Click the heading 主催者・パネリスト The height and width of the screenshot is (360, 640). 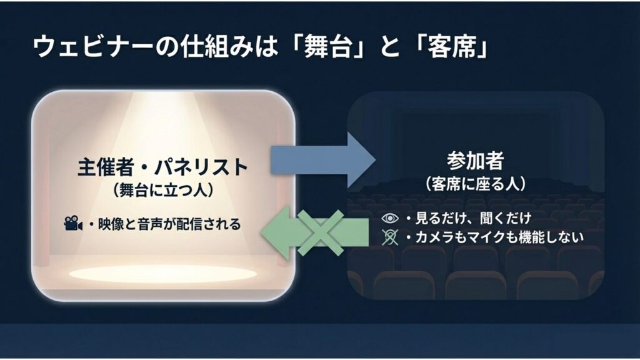[162, 167]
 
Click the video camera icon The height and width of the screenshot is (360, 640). [72, 223]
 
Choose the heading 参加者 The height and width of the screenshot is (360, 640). [475, 161]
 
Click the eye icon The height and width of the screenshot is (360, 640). [389, 218]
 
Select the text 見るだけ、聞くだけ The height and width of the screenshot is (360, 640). [472, 218]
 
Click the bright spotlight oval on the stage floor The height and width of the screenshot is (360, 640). [162, 273]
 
